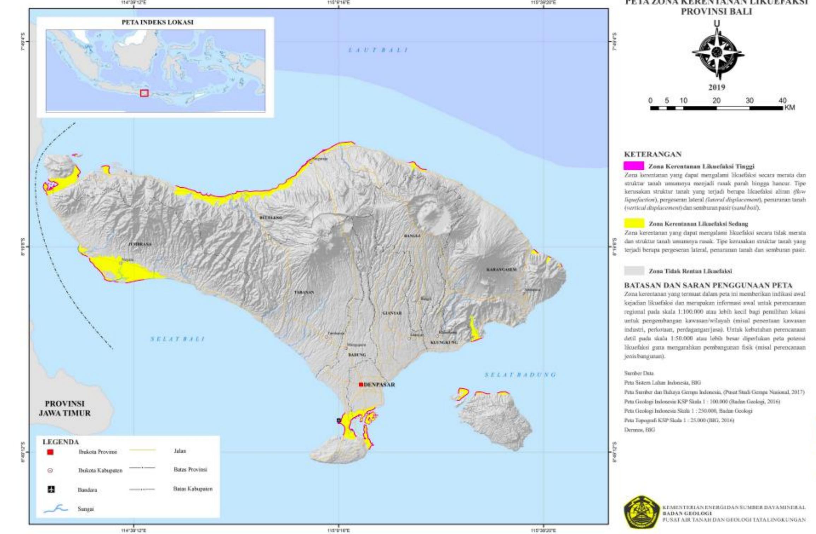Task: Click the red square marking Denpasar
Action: coord(361,385)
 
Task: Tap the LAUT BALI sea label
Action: coord(377,50)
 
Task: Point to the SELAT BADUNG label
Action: coord(520,375)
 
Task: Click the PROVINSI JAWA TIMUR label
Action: coord(65,409)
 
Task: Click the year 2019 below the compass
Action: coord(716,87)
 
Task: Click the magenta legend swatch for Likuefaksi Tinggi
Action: coord(634,166)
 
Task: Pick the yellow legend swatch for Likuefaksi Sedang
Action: coord(634,223)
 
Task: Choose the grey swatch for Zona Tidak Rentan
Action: coord(634,271)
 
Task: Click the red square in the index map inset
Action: coord(144,93)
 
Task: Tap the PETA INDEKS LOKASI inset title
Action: coord(157,22)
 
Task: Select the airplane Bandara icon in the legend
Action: coord(51,489)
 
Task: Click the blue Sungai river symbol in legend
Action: coord(55,509)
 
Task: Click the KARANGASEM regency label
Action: coord(501,270)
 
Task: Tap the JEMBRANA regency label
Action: coord(140,244)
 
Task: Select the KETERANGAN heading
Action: coord(648,154)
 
